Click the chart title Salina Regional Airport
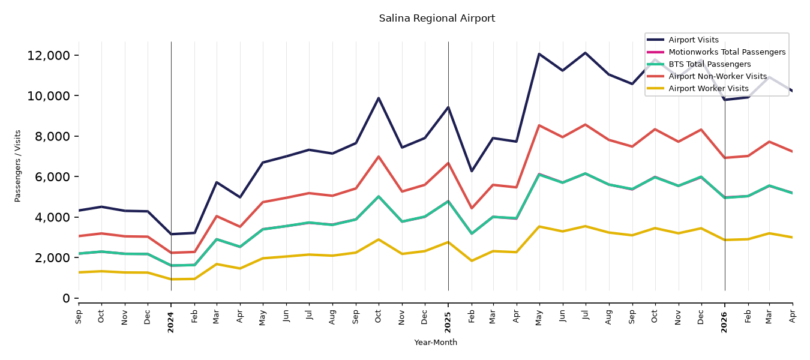pos(437,18)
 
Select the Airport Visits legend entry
pos(693,40)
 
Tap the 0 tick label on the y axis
pos(66,298)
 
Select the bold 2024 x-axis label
pos(170,322)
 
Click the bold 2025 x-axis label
pos(448,322)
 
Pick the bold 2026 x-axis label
pos(724,322)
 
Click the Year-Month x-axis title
pos(436,342)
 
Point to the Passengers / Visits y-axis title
pos(17,166)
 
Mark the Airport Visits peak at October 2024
pos(379,98)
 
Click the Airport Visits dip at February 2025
pos(471,171)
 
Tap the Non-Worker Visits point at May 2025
pos(539,125)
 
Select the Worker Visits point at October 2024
pos(379,239)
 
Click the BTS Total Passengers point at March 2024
pos(217,239)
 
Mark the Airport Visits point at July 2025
pos(585,53)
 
